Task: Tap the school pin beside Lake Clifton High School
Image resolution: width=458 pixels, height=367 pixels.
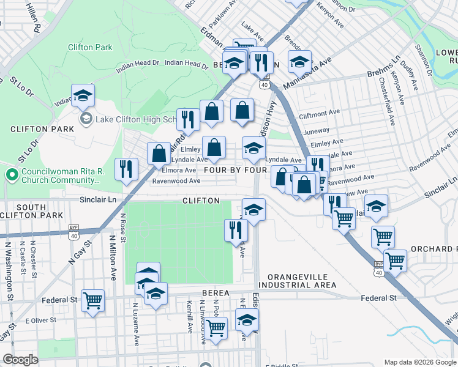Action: tap(83, 95)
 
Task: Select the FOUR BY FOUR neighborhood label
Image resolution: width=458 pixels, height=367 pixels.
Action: tap(235, 169)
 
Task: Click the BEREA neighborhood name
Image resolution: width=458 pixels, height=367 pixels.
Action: tap(214, 293)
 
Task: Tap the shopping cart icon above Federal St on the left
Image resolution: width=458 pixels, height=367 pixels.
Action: tap(93, 300)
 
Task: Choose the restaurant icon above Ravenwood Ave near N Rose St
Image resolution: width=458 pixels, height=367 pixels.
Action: tap(127, 169)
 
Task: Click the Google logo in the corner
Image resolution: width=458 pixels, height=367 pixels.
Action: tap(20, 360)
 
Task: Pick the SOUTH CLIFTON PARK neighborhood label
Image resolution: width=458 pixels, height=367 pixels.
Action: tap(31, 212)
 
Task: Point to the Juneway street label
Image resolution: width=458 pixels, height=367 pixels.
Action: tap(316, 130)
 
